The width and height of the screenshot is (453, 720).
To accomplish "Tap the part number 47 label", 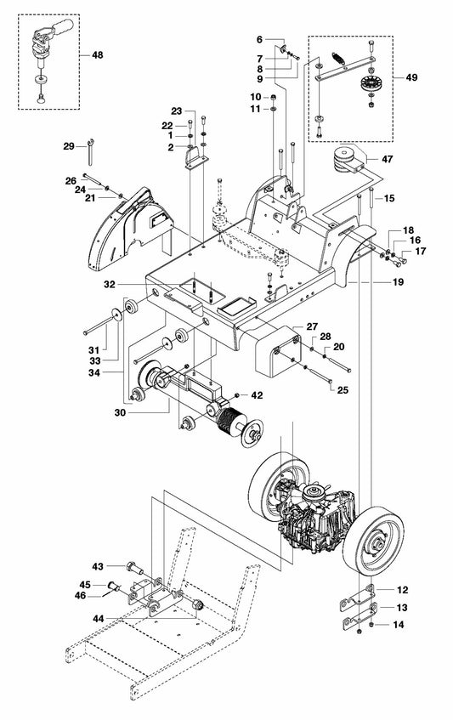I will point(387,159).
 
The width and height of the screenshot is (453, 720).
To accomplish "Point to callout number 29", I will point(69,146).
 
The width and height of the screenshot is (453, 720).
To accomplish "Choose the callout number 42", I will point(256,394).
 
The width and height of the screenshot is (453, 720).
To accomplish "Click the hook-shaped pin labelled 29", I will point(90,153).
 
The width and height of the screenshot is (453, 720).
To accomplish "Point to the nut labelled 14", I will point(360,626).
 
